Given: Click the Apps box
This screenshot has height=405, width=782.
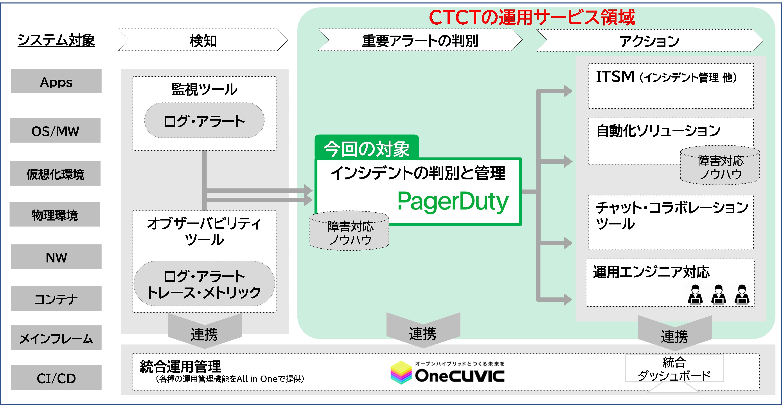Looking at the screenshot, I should point(56,81).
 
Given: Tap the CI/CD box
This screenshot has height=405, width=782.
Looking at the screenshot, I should point(56,377).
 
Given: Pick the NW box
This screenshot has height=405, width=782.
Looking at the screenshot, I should point(56,257).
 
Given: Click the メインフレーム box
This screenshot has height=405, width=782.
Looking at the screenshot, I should point(56,338).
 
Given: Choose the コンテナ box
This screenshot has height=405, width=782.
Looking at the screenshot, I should point(56,299).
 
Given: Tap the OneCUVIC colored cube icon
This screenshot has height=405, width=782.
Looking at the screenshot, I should point(401,372).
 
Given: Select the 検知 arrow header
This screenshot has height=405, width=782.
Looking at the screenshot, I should point(203,40).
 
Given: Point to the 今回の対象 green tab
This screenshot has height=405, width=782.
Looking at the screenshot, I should point(367,148).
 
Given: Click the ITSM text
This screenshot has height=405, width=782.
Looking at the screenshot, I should point(615,77).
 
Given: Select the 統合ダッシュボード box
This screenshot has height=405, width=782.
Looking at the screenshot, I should point(674,369).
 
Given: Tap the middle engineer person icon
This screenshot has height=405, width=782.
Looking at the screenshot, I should point(718,295).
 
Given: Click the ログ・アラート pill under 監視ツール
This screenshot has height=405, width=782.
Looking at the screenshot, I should point(204,121).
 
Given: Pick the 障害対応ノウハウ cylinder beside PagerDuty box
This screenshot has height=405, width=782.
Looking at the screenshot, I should point(349,231).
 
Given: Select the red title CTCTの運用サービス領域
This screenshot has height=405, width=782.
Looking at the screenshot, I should point(532,17).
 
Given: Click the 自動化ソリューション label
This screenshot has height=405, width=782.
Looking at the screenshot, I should point(658,131).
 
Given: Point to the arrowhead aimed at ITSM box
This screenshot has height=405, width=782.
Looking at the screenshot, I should point(568,91).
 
